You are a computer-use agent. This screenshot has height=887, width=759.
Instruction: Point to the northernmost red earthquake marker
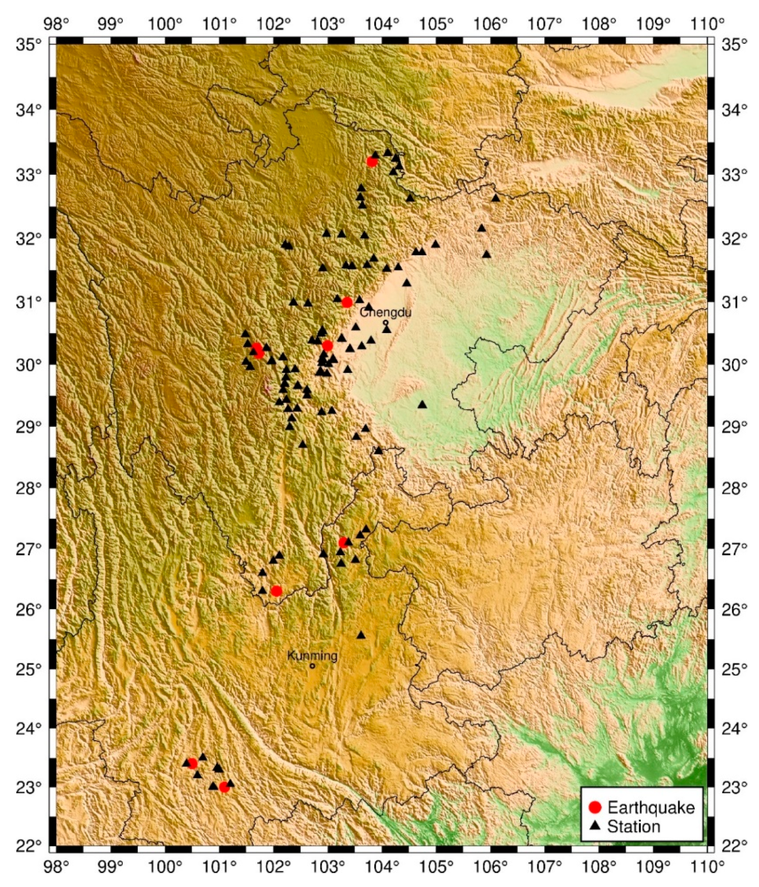click(x=372, y=162)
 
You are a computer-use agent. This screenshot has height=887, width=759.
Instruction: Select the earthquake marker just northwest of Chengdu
click(x=347, y=303)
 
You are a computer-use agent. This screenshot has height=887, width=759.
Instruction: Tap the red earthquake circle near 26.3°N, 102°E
click(x=277, y=591)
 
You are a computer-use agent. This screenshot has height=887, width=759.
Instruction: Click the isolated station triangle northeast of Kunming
click(x=361, y=635)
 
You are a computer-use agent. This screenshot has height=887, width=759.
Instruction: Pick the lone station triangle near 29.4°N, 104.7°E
click(x=422, y=404)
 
